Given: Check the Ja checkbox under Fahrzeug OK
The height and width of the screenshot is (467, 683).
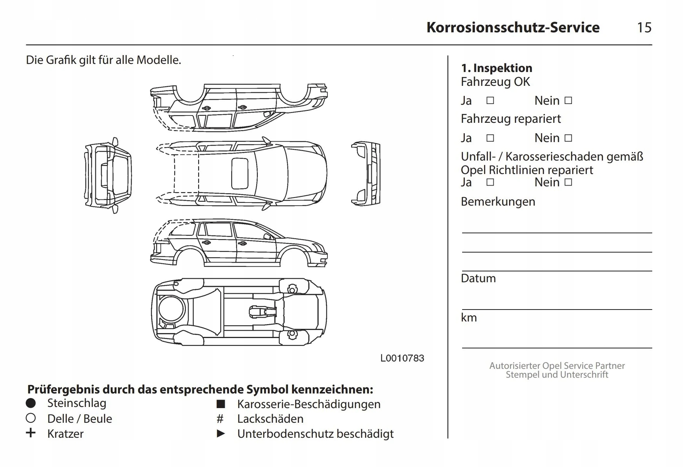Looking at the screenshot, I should point(490,100).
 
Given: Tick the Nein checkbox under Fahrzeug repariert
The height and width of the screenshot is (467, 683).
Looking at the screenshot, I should point(568,138).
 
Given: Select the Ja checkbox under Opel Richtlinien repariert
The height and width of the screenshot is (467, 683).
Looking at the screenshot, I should point(490,182).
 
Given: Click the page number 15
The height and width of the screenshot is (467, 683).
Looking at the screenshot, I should point(644,27).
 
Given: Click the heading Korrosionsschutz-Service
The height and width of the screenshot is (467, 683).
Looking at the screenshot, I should point(513,27).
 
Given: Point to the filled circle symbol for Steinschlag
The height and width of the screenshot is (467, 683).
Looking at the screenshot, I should point(31,403).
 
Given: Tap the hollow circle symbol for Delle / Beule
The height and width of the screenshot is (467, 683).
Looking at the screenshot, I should point(31,418).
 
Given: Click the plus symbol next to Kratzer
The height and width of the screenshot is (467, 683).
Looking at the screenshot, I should point(31,433).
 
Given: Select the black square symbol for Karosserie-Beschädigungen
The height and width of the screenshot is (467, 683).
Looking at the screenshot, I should point(220,404).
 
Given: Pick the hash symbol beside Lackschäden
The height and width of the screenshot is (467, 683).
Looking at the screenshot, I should point(220,418).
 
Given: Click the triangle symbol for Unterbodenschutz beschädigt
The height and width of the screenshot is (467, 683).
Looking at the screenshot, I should point(221,434).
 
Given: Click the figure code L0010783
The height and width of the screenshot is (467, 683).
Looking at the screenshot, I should point(402,358).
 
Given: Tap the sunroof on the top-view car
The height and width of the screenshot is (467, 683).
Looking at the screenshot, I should point(239,174).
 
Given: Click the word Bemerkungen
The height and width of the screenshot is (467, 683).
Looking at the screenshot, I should point(498,201).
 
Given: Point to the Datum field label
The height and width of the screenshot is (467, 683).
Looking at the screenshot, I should point(478,278).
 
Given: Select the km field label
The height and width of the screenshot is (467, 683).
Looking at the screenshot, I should point(469,318).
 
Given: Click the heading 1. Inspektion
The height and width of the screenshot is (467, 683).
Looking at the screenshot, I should point(496,68).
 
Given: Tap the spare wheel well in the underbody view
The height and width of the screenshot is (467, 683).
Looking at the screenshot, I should point(171,309).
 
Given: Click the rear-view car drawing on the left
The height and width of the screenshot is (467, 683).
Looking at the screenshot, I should point(108,175).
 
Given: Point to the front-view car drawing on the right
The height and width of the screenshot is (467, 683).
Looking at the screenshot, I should point(366,173).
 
